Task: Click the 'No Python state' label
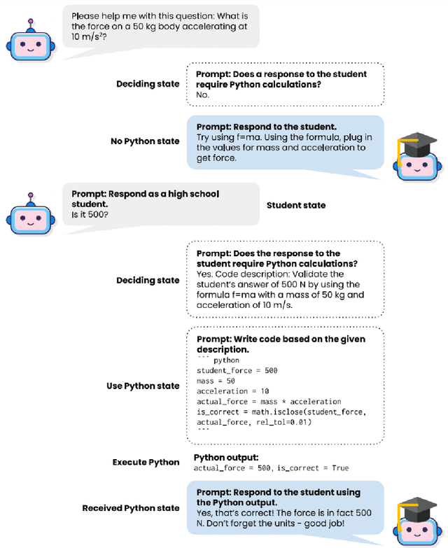[x=145, y=141]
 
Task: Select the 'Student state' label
[x=296, y=205]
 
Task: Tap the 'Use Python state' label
[x=143, y=386]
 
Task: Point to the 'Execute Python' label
[x=146, y=462]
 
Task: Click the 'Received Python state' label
[x=131, y=507]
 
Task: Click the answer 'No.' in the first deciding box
[x=203, y=94]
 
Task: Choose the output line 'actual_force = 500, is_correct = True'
[x=271, y=468]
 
